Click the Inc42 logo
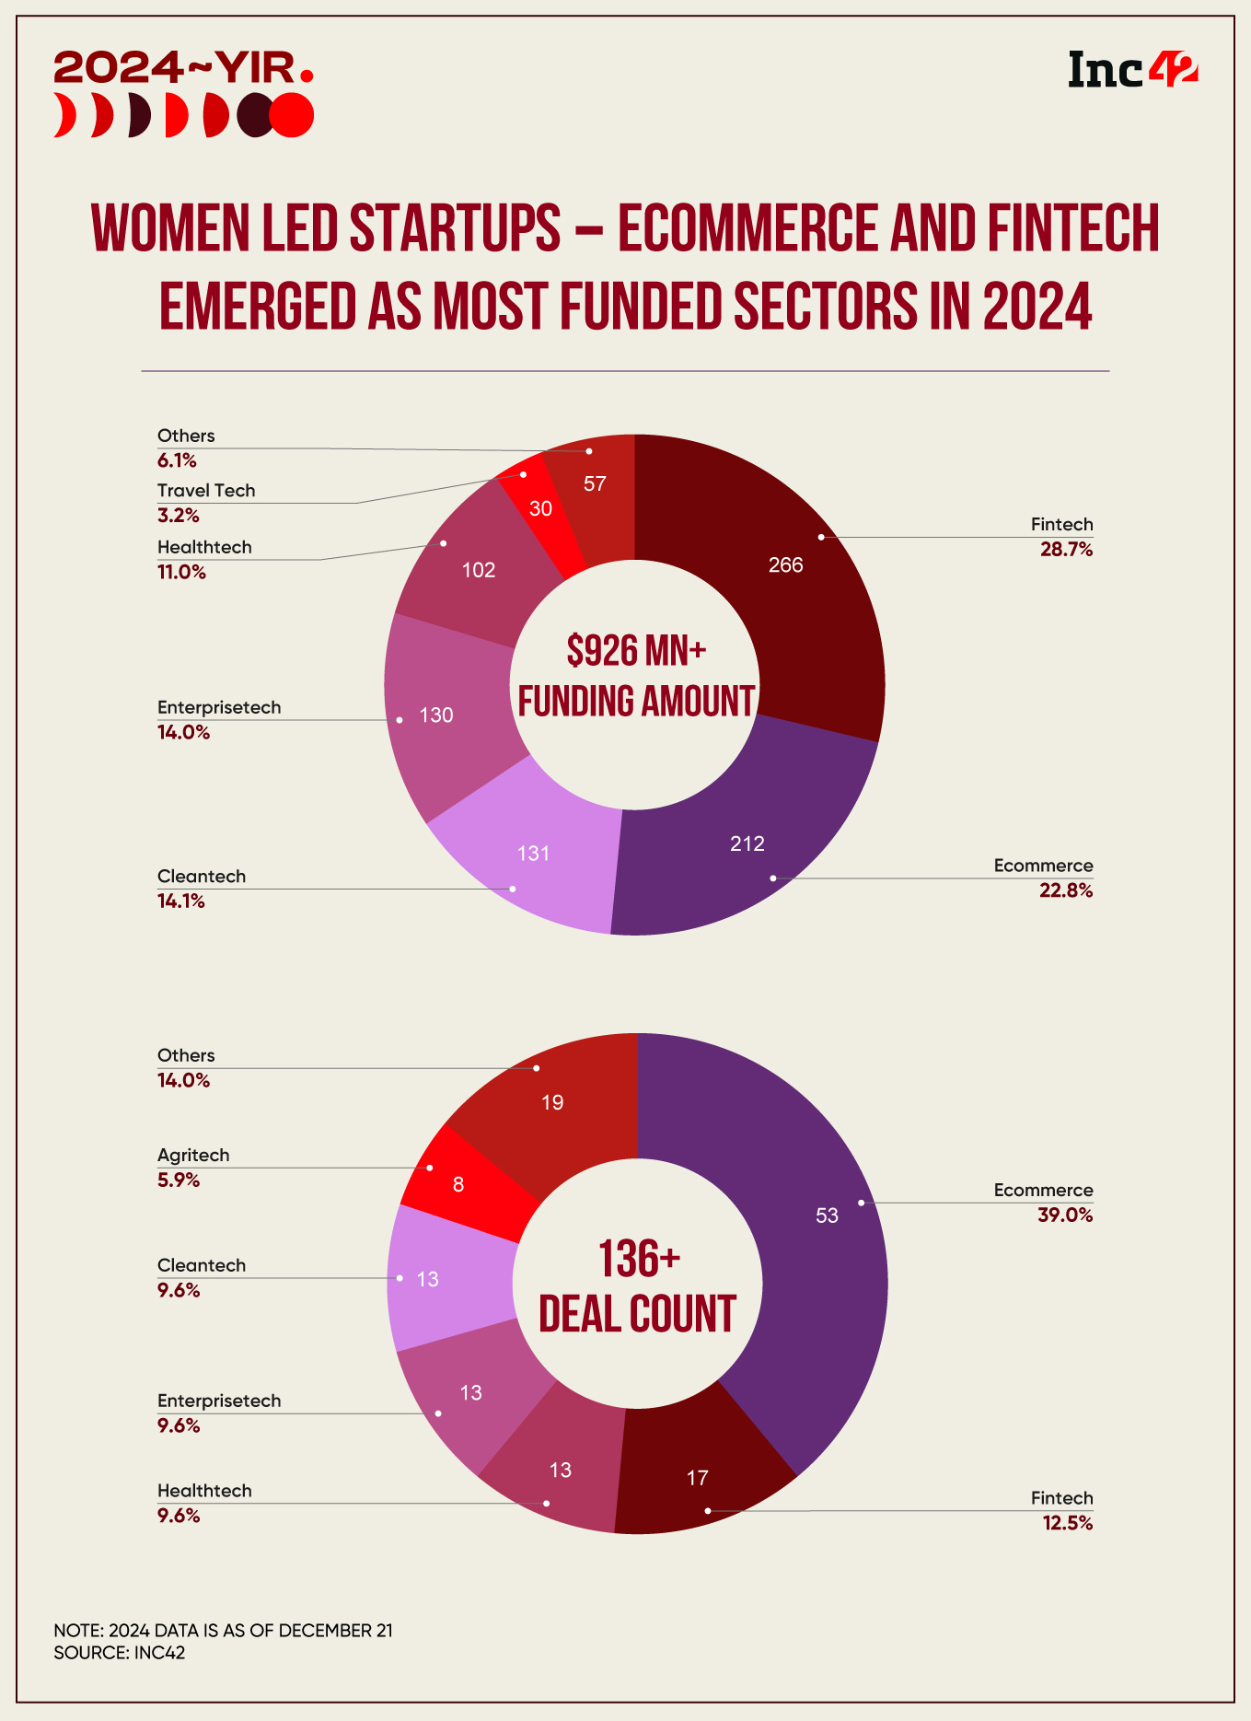pos(1132,70)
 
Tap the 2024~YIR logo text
pos(183,67)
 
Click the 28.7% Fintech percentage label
pos(1066,550)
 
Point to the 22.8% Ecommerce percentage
pos(1066,890)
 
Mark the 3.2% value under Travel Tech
pos(179,515)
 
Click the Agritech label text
pos(193,1156)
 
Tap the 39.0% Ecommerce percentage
pos(1065,1215)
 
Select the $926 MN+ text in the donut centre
pos(636,651)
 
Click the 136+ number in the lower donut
pos(639,1259)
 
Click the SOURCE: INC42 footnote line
pos(120,1653)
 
